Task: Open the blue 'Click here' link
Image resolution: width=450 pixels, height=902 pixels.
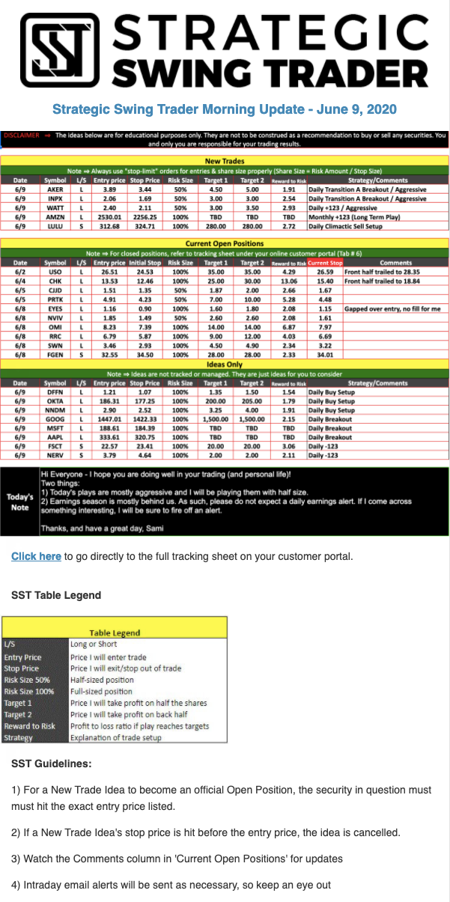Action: click(x=36, y=556)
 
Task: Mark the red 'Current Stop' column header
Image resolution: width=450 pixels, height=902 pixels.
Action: click(x=324, y=263)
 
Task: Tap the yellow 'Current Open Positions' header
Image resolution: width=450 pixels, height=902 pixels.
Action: click(x=224, y=244)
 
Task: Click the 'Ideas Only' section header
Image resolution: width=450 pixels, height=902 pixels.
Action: click(x=224, y=364)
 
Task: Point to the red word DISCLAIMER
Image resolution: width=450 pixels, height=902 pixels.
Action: click(x=21, y=135)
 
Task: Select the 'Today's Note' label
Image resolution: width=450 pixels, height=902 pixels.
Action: click(x=19, y=502)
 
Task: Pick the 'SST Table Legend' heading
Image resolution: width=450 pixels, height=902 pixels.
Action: click(x=56, y=595)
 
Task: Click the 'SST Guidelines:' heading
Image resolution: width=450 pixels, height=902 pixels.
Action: click(x=52, y=764)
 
